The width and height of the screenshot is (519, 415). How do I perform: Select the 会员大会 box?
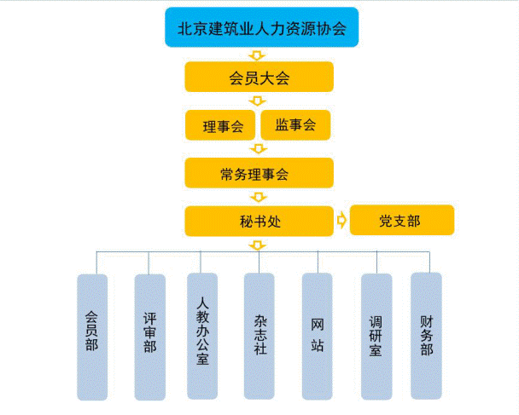(x=259, y=78)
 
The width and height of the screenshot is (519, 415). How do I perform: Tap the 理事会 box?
(x=220, y=125)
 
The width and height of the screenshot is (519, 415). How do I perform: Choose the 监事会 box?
(x=295, y=124)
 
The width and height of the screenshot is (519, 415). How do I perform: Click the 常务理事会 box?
(x=259, y=173)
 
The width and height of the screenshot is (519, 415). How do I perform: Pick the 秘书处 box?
(x=259, y=221)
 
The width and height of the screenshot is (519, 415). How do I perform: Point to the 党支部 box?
(x=401, y=221)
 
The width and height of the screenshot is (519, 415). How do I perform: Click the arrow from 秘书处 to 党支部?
(x=341, y=221)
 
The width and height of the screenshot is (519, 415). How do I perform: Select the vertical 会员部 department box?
(x=92, y=337)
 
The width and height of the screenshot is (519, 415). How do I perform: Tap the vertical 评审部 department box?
(x=149, y=337)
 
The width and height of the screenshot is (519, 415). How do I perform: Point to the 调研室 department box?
(x=376, y=336)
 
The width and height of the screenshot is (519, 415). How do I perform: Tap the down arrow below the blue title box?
(x=259, y=55)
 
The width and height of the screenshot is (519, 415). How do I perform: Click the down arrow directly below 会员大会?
(x=259, y=101)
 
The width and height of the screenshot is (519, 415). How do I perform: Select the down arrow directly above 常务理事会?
(x=259, y=149)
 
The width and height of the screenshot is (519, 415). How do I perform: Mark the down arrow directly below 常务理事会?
(x=259, y=197)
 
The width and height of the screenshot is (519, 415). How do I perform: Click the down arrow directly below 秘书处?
(x=259, y=245)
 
